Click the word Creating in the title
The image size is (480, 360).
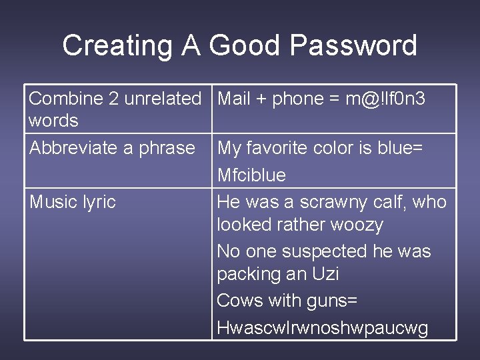click(115, 46)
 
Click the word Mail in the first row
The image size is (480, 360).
click(233, 99)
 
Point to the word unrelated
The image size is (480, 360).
click(163, 99)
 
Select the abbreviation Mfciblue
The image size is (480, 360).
click(251, 175)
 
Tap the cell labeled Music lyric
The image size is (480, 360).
click(73, 201)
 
